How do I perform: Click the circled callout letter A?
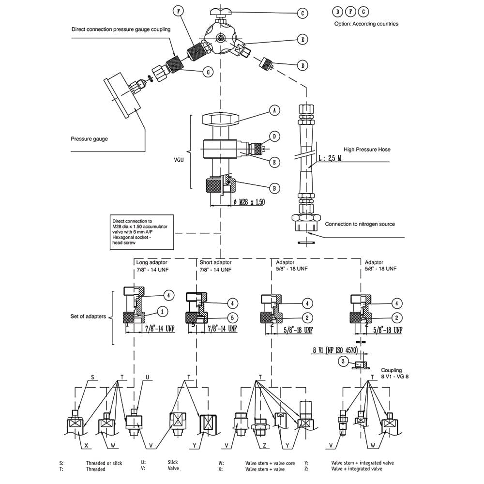click(274, 111)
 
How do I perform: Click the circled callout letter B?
click(274, 188)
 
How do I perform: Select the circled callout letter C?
click(302, 14)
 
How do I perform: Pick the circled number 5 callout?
click(233, 318)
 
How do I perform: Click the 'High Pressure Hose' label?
click(367, 150)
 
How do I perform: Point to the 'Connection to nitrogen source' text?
click(360, 224)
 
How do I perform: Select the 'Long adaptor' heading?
click(151, 262)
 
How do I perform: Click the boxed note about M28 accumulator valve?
click(141, 233)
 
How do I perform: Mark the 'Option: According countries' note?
click(366, 24)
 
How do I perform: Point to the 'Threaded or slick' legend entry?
click(104, 463)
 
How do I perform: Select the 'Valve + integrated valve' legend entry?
click(357, 469)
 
